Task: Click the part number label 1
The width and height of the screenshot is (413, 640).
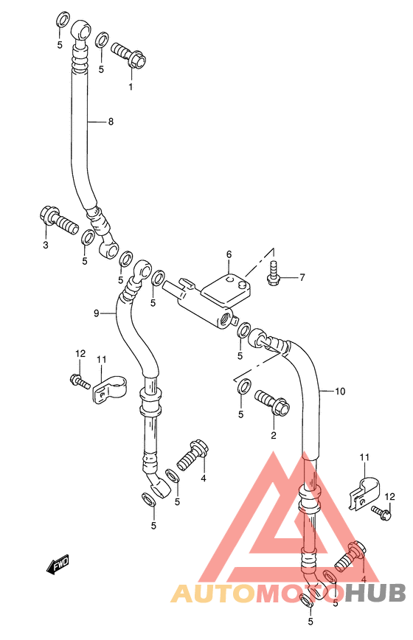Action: (x=131, y=86)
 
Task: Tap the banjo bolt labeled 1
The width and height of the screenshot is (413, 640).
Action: (x=128, y=55)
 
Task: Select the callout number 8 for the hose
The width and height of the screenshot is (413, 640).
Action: (x=111, y=121)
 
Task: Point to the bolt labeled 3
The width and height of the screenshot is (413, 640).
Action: (x=59, y=220)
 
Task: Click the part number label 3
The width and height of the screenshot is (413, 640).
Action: (x=46, y=245)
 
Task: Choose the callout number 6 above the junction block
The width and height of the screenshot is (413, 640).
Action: (x=229, y=254)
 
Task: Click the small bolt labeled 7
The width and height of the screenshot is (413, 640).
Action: (x=274, y=272)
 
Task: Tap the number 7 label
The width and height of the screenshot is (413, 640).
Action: (x=302, y=277)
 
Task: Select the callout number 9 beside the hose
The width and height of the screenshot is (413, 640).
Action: (x=97, y=313)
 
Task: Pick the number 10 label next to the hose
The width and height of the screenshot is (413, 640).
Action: (x=340, y=392)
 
